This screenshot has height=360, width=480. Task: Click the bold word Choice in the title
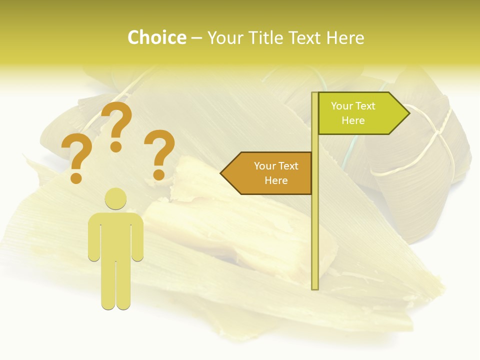[x=156, y=37]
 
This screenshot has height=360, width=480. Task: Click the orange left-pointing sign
[x=270, y=173]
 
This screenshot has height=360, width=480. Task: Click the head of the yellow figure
[x=115, y=198]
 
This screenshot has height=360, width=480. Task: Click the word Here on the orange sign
[x=276, y=180]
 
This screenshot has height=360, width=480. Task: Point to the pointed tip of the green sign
[x=408, y=113]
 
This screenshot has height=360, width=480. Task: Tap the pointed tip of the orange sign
[x=222, y=173]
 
